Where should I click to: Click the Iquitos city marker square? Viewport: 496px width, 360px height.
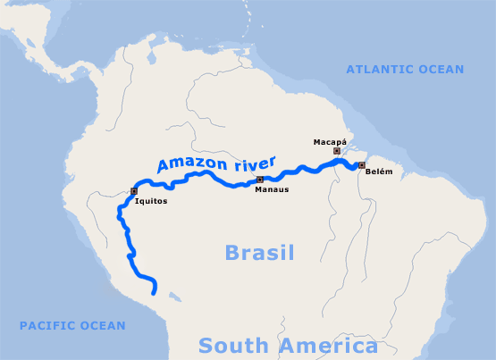pyautogui.click(x=134, y=190)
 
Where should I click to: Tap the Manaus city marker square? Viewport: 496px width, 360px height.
pyautogui.click(x=259, y=180)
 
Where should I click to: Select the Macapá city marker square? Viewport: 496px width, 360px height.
pyautogui.click(x=336, y=151)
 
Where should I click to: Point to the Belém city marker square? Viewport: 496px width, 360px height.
pyautogui.click(x=361, y=165)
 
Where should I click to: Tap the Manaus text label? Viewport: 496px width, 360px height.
pyautogui.click(x=271, y=189)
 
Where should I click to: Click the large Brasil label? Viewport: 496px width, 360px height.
pyautogui.click(x=260, y=252)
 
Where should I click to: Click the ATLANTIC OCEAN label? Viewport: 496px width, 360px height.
pyautogui.click(x=405, y=69)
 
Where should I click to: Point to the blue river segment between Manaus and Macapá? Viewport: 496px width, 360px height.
pyautogui.click(x=295, y=171)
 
